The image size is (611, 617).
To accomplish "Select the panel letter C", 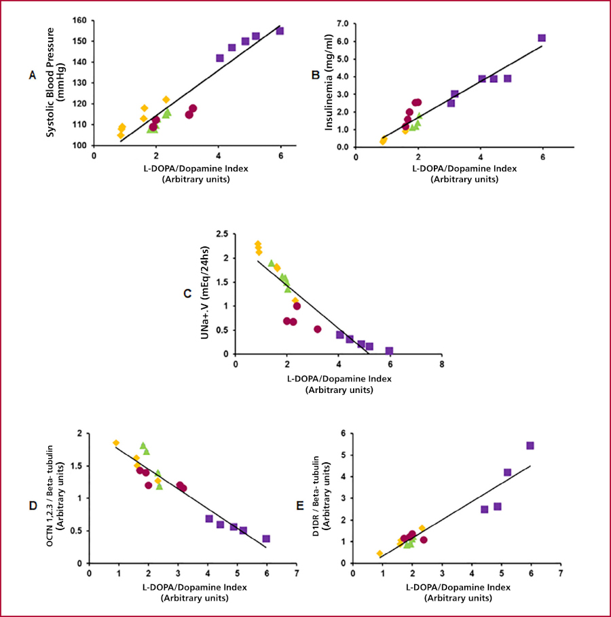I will click(187, 293).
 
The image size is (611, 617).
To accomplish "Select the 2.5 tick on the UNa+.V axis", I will click(222, 233).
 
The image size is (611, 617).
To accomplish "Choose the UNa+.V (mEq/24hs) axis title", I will click(204, 293).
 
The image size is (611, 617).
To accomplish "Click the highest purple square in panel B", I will click(542, 38).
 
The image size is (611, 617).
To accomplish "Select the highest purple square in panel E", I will click(530, 446).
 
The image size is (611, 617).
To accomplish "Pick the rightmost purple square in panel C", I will click(389, 351).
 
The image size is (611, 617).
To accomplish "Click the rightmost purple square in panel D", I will click(266, 538).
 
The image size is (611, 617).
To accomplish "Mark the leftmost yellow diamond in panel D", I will click(116, 443).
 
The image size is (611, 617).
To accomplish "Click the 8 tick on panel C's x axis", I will click(442, 364).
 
